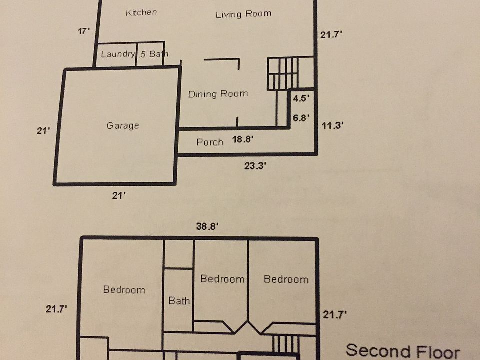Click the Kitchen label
141,12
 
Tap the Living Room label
243,14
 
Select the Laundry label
118,54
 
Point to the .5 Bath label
153,54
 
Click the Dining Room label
218,94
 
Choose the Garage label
122,126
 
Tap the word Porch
210,142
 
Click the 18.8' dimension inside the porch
243,140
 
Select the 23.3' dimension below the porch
255,167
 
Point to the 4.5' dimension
301,98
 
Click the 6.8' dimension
301,118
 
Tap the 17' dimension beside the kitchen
84,31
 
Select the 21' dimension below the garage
118,196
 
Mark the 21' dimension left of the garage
44,131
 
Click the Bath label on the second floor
179,301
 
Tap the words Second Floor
402,351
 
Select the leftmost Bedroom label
124,289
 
